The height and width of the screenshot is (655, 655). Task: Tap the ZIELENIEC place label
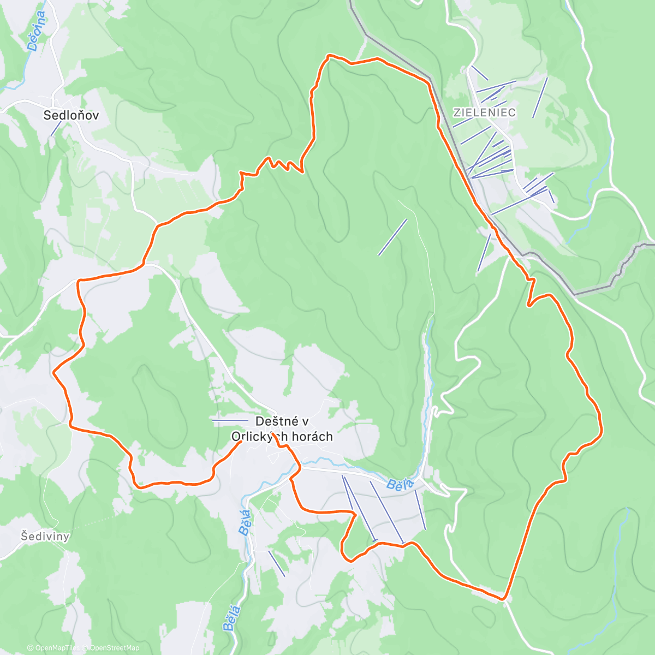click(x=485, y=113)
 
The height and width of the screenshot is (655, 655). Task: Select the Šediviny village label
click(x=45, y=536)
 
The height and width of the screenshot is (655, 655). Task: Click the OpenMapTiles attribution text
click(x=56, y=648)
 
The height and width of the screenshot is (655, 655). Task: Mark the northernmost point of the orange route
click(x=329, y=55)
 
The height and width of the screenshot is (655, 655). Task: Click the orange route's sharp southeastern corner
click(x=503, y=599)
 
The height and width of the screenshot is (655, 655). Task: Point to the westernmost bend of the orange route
click(x=53, y=372)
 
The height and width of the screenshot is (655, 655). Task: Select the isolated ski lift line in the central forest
click(x=392, y=237)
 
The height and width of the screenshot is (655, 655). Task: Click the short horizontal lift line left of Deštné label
click(x=230, y=420)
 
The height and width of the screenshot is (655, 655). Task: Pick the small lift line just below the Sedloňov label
click(x=56, y=128)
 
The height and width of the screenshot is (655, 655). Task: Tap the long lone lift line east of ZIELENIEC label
click(x=540, y=97)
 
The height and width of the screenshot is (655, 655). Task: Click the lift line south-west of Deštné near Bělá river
click(x=276, y=563)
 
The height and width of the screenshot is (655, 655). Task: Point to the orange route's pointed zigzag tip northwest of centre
click(x=302, y=172)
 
